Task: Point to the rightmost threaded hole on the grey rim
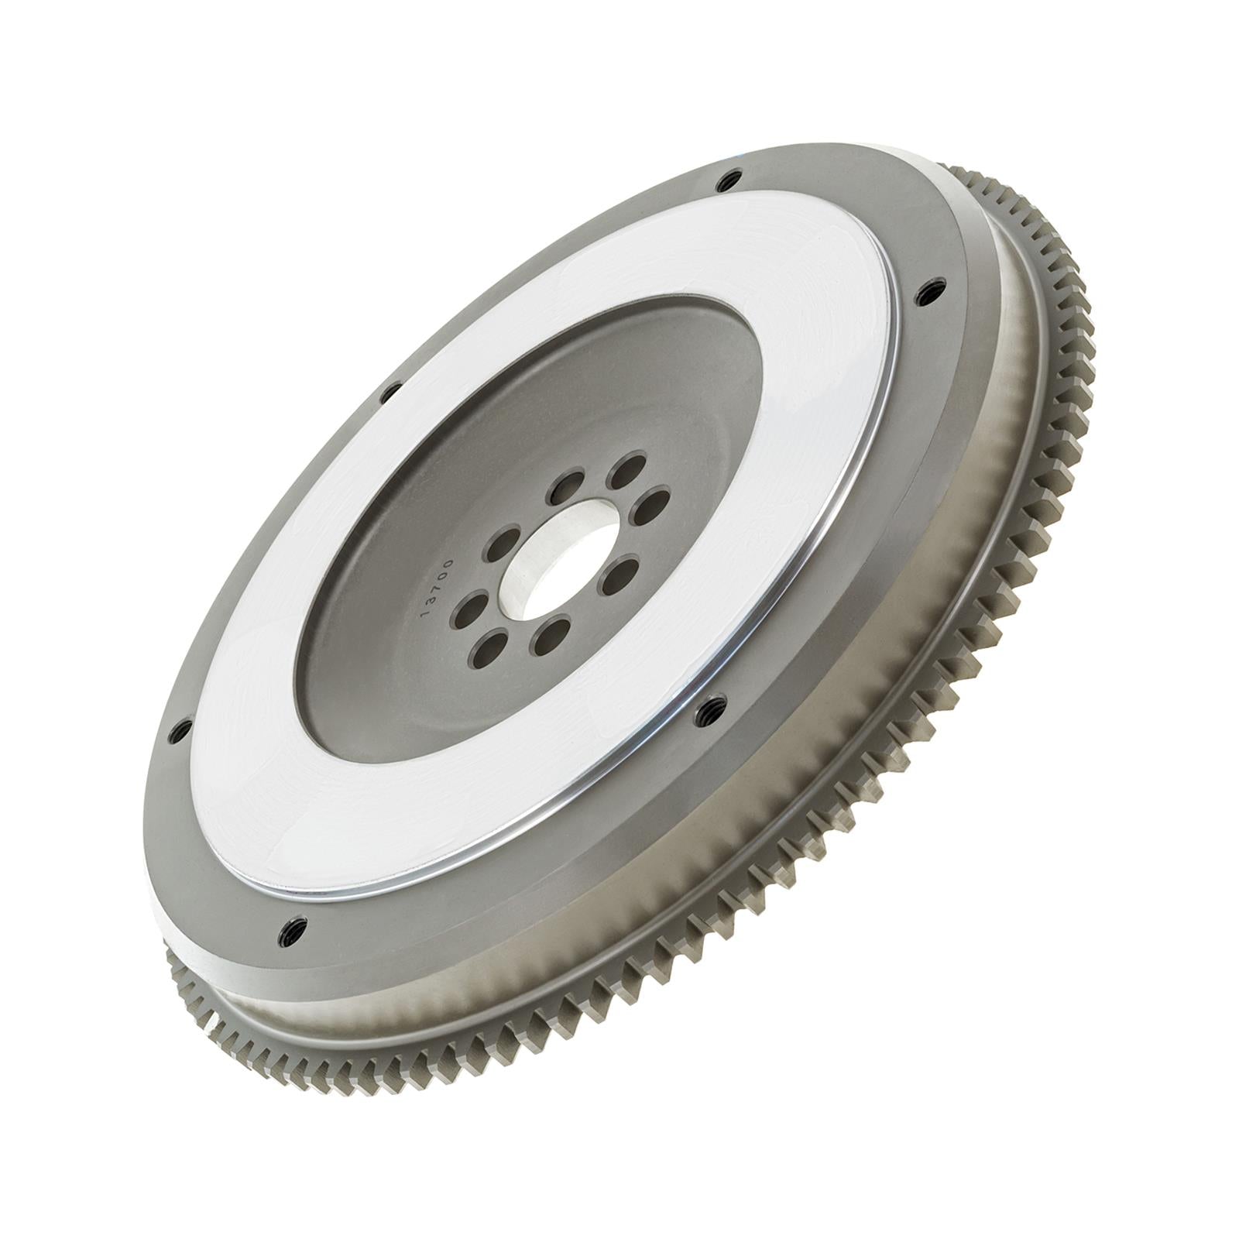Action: tap(927, 292)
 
